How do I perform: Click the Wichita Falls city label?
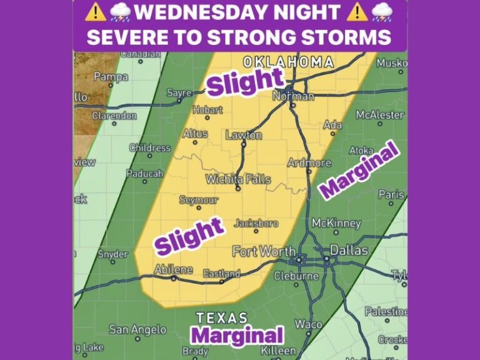click(x=239, y=179)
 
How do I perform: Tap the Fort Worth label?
click(x=264, y=251)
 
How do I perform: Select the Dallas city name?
click(x=349, y=250)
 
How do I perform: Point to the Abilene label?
click(x=173, y=269)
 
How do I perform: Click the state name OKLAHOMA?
click(x=288, y=62)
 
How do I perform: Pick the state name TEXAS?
click(x=222, y=317)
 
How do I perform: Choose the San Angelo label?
click(x=137, y=329)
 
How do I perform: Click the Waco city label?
click(x=309, y=324)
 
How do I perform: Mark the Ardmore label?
click(x=309, y=162)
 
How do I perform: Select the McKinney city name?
click(x=336, y=223)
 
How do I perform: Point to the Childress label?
click(x=150, y=148)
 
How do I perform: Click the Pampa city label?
click(x=111, y=77)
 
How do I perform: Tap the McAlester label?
click(x=380, y=115)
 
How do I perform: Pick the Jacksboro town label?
click(x=256, y=222)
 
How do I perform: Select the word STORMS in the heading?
click(x=344, y=37)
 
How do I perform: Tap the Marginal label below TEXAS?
click(x=237, y=335)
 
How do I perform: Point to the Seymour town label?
click(x=199, y=200)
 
